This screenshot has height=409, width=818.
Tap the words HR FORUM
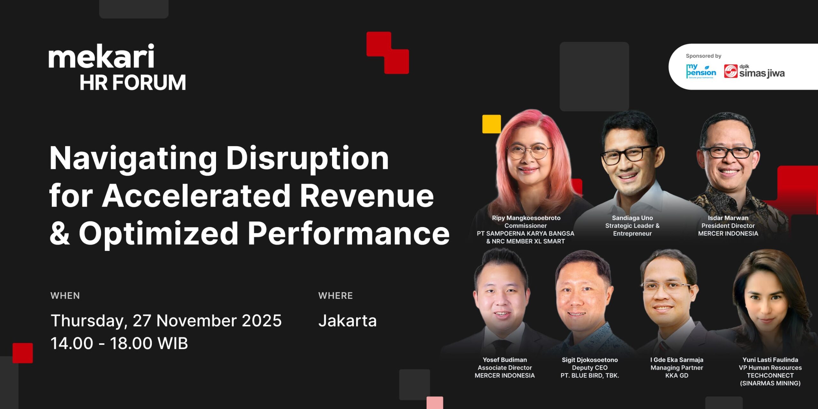click(x=133, y=82)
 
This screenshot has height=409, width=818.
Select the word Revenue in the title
click(x=367, y=195)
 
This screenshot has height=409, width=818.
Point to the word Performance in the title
click(x=349, y=234)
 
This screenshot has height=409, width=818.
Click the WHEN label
click(x=65, y=296)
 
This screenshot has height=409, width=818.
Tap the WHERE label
click(x=336, y=296)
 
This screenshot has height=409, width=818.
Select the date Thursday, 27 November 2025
click(x=166, y=321)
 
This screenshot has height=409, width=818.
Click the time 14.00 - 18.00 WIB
click(x=119, y=343)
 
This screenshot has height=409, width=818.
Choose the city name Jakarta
click(x=348, y=321)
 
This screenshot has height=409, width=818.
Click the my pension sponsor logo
click(x=701, y=71)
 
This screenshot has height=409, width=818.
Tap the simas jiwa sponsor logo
click(x=754, y=71)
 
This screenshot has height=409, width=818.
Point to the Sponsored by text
click(x=704, y=56)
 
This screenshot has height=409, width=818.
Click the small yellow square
click(x=491, y=124)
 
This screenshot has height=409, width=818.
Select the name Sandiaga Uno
click(x=632, y=218)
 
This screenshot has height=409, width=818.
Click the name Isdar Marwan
click(x=728, y=218)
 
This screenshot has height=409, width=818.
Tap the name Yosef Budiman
click(x=505, y=360)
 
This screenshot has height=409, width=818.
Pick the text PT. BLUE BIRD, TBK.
click(x=590, y=375)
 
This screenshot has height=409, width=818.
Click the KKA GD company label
click(x=677, y=375)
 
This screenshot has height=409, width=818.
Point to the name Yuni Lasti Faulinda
click(x=770, y=360)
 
